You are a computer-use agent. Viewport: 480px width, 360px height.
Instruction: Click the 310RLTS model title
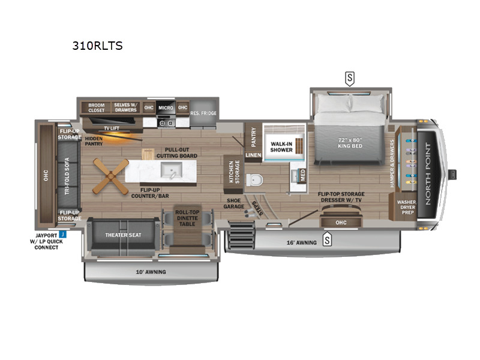(97, 46)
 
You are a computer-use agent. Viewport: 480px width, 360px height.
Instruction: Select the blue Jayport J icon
(62, 235)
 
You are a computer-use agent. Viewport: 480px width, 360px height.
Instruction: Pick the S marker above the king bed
(349, 77)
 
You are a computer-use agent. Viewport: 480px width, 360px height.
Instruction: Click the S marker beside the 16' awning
(328, 241)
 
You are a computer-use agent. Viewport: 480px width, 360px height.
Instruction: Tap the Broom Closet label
(96, 107)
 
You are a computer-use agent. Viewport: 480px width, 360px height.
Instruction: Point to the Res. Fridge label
(204, 113)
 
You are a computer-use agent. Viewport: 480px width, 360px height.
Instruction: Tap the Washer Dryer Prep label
(406, 207)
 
